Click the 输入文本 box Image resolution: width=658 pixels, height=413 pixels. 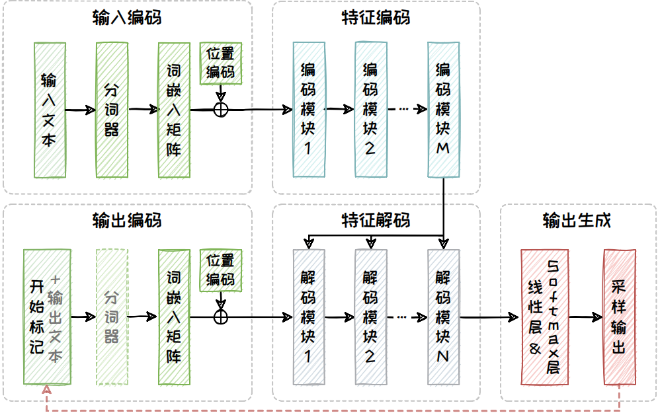(49, 110)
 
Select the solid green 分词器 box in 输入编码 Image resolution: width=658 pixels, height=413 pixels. (112, 110)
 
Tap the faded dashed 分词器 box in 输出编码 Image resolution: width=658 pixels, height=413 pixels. (112, 317)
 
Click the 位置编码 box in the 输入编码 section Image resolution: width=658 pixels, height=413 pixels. (221, 63)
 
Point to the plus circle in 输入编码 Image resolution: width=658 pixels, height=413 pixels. (221, 110)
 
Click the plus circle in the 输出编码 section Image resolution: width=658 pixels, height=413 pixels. (221, 317)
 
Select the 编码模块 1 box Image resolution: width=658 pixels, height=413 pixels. (308, 110)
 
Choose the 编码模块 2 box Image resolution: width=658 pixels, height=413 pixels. (370, 110)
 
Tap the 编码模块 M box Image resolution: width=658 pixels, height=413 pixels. (444, 110)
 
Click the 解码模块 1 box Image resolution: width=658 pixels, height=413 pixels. (308, 317)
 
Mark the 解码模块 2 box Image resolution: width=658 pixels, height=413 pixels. (370, 317)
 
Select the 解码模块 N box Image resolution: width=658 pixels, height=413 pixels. (444, 317)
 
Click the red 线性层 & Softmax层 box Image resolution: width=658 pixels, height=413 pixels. (544, 317)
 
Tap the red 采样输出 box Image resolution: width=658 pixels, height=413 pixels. (620, 317)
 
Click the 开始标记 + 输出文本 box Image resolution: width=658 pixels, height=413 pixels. (46, 317)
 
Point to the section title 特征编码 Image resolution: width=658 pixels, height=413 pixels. (376, 17)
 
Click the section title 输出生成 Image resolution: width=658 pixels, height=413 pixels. (577, 220)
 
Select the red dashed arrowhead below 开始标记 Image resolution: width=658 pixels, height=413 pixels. (46, 391)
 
